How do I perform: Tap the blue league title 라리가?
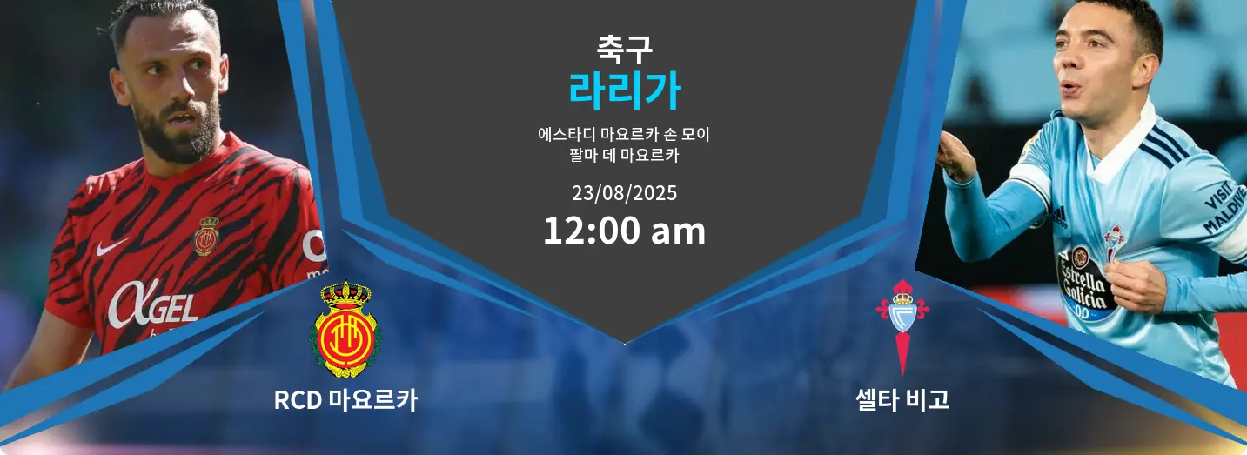coord(624,90)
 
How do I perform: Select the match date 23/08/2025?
coord(624,192)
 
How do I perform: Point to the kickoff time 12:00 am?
coord(624,231)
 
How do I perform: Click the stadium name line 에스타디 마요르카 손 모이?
coord(624,136)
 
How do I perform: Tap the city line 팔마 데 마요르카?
coord(624,157)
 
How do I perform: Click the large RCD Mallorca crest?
coord(345,329)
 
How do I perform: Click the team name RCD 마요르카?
coord(345,400)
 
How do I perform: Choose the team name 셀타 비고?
coord(902,400)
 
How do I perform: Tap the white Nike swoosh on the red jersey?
coord(111,248)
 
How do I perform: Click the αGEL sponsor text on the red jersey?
coord(152,304)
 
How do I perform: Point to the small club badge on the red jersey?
coord(206,236)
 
